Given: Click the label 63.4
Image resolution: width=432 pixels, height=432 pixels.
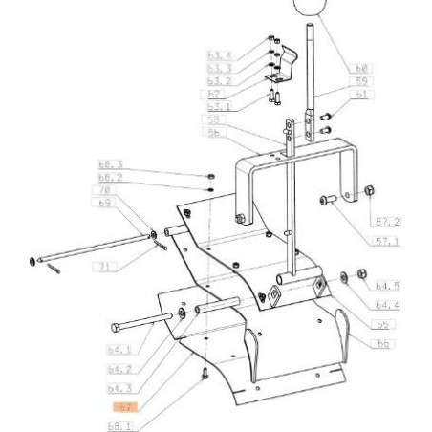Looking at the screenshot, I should (x=220, y=56).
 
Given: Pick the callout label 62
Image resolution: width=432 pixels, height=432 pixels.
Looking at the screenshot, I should (x=215, y=95).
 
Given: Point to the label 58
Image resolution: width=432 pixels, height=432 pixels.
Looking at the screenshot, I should (x=215, y=121).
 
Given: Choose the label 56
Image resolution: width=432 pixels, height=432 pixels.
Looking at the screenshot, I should (x=215, y=135).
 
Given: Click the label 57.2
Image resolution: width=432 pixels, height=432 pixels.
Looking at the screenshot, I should (x=388, y=221).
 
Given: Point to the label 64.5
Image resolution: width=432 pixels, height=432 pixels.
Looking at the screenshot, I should (x=388, y=285).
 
